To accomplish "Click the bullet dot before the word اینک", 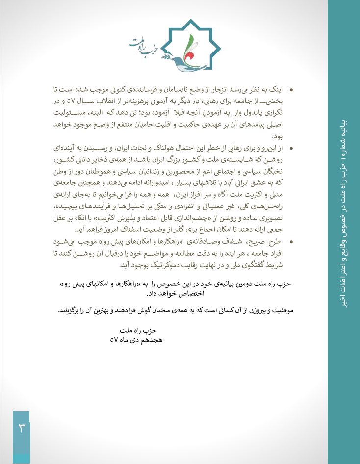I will pyautogui.click(x=291, y=91).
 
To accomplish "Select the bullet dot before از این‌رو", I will pyautogui.click(x=291, y=148).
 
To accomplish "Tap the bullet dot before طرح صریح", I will pyautogui.click(x=291, y=242).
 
